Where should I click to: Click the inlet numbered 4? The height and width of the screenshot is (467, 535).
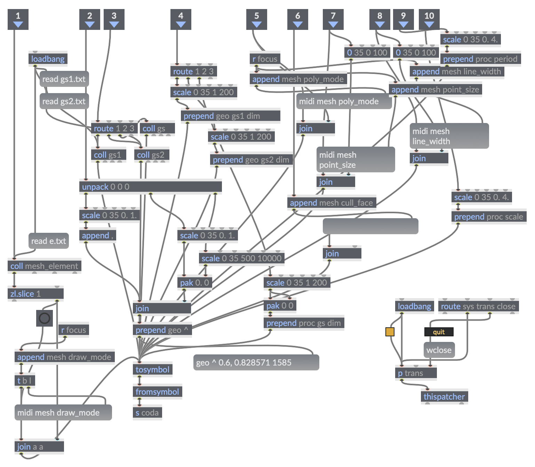point(181,19)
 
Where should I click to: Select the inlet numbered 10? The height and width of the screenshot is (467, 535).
point(429,19)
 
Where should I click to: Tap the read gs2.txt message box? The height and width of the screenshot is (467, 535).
point(64,101)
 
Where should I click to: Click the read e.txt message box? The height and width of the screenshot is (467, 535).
point(49,241)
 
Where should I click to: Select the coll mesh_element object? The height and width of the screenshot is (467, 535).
point(44,266)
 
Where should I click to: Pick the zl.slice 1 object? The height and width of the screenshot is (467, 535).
point(35,294)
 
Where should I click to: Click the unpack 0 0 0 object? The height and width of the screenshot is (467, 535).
point(150,187)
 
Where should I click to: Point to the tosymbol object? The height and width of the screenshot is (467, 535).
point(152,369)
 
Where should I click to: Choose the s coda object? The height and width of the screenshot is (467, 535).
point(147,412)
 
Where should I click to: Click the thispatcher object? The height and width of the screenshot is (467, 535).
point(444,396)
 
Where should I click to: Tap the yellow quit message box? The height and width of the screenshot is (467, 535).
point(439,332)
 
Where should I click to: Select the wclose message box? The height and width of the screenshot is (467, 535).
point(439,350)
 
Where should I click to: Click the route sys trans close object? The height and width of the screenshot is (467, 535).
point(478,306)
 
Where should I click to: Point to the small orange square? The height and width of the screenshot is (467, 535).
point(390,332)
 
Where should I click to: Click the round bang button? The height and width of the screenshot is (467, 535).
point(45,318)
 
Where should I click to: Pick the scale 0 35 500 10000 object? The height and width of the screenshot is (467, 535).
point(241,258)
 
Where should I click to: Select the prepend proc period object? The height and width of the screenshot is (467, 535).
point(480,59)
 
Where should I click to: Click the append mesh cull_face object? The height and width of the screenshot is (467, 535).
point(332,203)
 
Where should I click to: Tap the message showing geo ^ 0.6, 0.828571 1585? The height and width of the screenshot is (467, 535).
point(256,362)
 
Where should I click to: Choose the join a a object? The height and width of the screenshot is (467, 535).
point(39,446)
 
